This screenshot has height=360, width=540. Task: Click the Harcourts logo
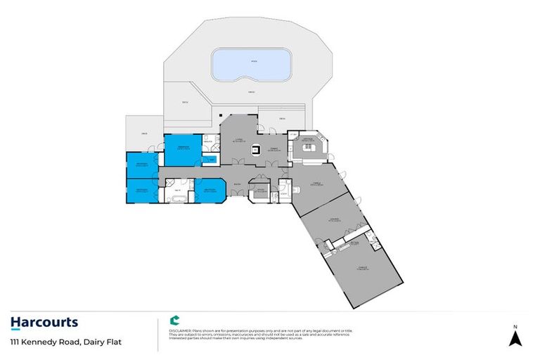(44, 323)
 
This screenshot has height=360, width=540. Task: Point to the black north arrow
(515, 339)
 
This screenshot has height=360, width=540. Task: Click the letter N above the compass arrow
(515, 327)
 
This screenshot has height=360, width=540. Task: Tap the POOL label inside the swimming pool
(253, 62)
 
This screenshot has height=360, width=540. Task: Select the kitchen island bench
(307, 148)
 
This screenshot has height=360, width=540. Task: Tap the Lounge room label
(333, 221)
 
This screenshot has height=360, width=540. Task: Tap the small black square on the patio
(220, 115)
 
